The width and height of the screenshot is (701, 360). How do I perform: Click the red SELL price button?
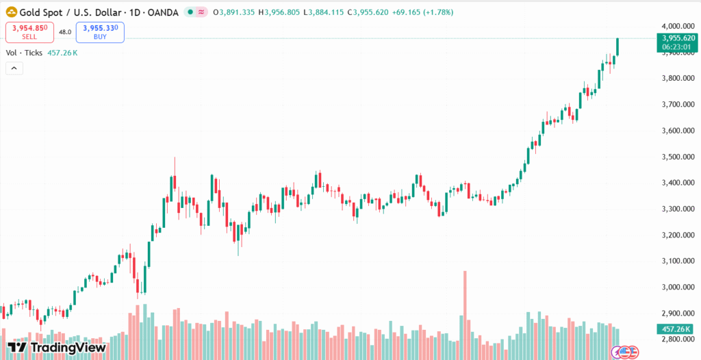(30, 31)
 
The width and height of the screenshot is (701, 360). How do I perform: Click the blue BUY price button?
(100, 31)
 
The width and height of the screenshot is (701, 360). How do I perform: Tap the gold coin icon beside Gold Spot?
(11, 12)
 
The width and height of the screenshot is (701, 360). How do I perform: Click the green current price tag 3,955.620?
(676, 38)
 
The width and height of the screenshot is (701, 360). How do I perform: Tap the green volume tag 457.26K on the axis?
(675, 329)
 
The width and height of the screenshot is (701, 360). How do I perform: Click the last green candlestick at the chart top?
(617, 47)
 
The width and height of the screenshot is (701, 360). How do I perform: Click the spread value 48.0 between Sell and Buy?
(65, 32)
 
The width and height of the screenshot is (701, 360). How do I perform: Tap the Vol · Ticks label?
(24, 53)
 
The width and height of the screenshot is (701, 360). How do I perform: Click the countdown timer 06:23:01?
(676, 47)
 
